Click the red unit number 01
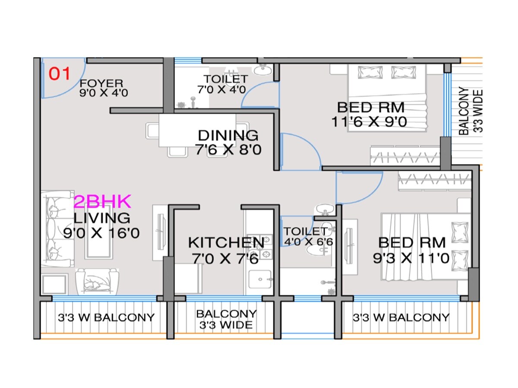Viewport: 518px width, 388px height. tap(59, 74)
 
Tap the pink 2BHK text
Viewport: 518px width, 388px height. tap(102, 202)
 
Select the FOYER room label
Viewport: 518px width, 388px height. tap(101, 83)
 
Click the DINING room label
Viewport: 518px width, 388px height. tap(228, 135)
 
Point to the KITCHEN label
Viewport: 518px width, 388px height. tap(226, 243)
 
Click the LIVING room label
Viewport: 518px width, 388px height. tap(102, 218)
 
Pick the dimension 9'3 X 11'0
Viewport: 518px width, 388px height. tap(411, 258)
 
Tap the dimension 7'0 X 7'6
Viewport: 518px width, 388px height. tap(225, 259)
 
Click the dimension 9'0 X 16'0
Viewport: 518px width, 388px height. tap(102, 233)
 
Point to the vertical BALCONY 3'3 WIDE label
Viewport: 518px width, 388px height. tap(470, 111)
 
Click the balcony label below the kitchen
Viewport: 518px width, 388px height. tap(226, 319)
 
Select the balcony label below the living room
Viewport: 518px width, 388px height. tap(106, 318)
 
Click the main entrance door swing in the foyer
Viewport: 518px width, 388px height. tap(63, 78)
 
